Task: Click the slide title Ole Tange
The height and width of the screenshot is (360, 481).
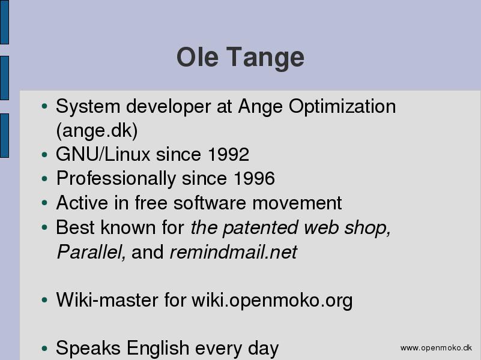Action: click(x=240, y=57)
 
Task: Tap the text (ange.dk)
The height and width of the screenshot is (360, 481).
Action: click(x=97, y=131)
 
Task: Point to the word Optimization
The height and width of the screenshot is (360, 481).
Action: click(x=342, y=107)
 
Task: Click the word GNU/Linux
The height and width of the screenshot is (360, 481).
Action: click(x=103, y=154)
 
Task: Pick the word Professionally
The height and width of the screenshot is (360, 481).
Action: click(x=116, y=179)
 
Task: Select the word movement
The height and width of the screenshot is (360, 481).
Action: click(x=297, y=203)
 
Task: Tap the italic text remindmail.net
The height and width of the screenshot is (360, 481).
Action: click(x=234, y=252)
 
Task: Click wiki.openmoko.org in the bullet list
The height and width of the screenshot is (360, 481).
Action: click(x=272, y=300)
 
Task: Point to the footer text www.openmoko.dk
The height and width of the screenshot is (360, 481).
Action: click(x=436, y=348)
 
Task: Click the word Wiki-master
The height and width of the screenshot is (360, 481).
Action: click(x=107, y=299)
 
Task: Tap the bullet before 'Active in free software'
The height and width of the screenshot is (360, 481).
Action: click(x=44, y=203)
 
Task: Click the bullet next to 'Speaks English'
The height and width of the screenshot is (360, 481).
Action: click(x=44, y=349)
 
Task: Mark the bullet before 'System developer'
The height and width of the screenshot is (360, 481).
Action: click(x=44, y=106)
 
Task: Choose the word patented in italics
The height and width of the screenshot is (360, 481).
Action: click(x=261, y=228)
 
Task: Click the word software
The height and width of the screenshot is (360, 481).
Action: click(x=210, y=203)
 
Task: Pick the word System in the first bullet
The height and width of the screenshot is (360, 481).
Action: click(x=88, y=107)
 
